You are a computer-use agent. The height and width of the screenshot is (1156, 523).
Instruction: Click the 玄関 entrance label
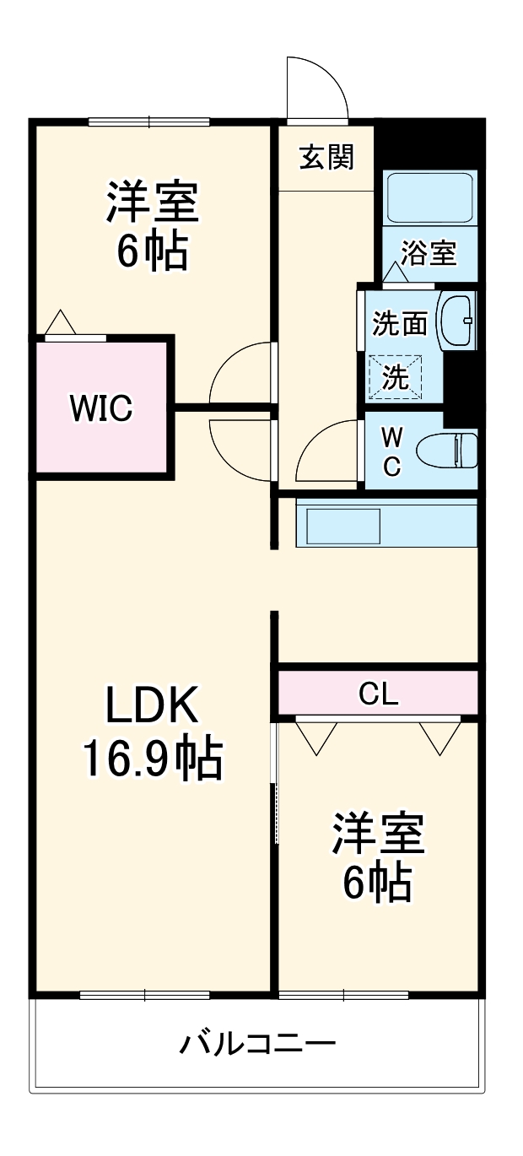tap(326, 157)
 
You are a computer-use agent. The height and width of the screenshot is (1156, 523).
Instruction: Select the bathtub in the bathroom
tap(429, 197)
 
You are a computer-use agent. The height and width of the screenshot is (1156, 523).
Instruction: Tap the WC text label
tap(391, 451)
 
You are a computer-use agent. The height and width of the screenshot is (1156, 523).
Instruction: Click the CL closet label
tap(378, 694)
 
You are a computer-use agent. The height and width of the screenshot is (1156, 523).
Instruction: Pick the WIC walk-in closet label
tap(100, 408)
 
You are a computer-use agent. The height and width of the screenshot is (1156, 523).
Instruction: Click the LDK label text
tap(152, 707)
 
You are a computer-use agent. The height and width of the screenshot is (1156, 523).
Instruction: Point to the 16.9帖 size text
tap(152, 759)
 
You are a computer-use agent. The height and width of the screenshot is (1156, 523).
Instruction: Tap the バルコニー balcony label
tap(257, 1045)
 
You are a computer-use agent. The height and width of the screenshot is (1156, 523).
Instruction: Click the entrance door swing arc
tap(316, 84)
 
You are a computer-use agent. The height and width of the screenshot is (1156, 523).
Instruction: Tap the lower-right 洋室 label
tap(377, 835)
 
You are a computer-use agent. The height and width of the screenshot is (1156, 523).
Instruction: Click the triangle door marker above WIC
tap(61, 322)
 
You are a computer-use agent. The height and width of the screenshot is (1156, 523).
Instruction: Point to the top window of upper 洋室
tap(149, 122)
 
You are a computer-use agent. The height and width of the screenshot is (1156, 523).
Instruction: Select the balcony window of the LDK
tap(145, 995)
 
